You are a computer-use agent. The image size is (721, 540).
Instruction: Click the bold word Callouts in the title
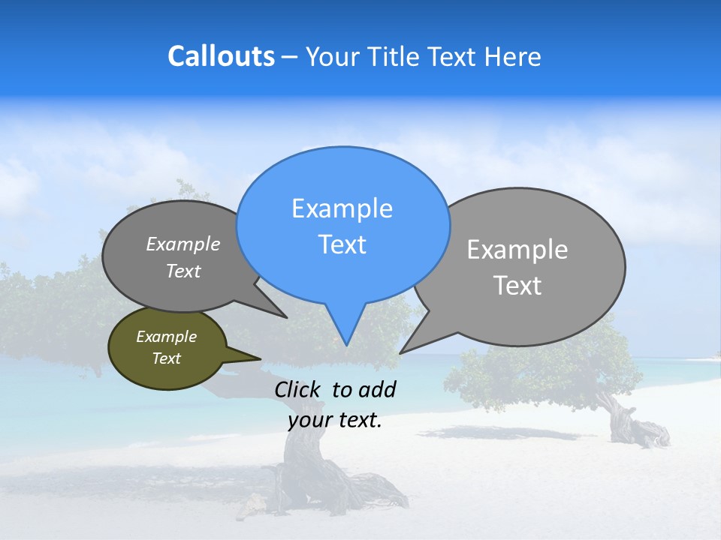coord(221,56)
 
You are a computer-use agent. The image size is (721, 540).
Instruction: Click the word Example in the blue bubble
coord(342,208)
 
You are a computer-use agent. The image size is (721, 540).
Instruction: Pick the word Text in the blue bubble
coord(342,244)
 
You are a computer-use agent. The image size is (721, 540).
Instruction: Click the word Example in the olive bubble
coord(166,337)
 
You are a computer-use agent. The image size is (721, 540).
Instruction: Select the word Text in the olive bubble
coord(166,358)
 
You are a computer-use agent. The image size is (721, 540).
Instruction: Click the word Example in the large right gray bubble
coord(517,250)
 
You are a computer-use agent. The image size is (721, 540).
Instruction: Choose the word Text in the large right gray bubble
coord(517,286)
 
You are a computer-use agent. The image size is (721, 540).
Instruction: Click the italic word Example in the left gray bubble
coord(183,244)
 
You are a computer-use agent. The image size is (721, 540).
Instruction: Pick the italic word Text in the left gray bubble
coord(183,271)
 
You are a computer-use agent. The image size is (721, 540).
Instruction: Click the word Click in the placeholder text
coord(299,389)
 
